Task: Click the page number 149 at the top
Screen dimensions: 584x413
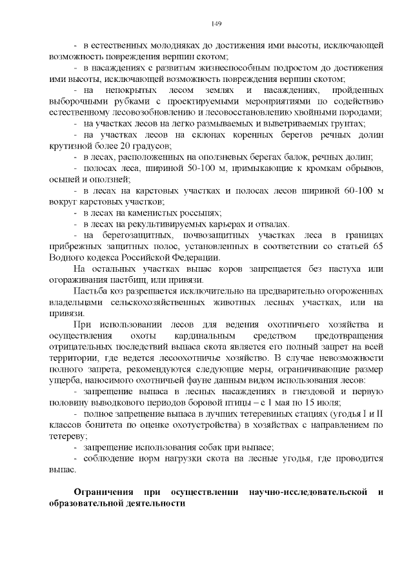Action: [x=216, y=24]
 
